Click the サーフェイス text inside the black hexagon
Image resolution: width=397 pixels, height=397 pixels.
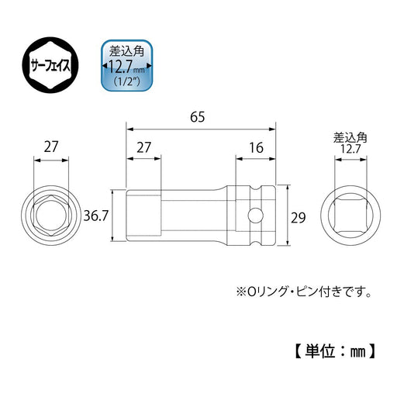[x=49, y=67]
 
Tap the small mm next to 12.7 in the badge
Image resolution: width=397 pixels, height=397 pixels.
[x=142, y=69]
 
